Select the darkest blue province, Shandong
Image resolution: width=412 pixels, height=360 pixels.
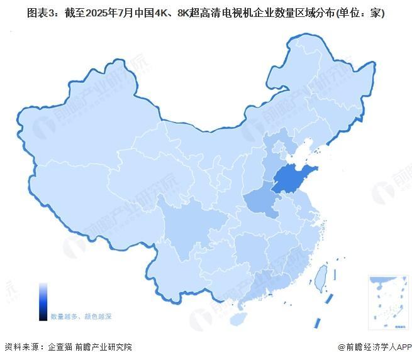point(293,180)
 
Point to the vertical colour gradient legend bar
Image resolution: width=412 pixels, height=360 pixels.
point(43,302)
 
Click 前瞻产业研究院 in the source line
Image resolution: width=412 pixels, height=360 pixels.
point(104,347)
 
